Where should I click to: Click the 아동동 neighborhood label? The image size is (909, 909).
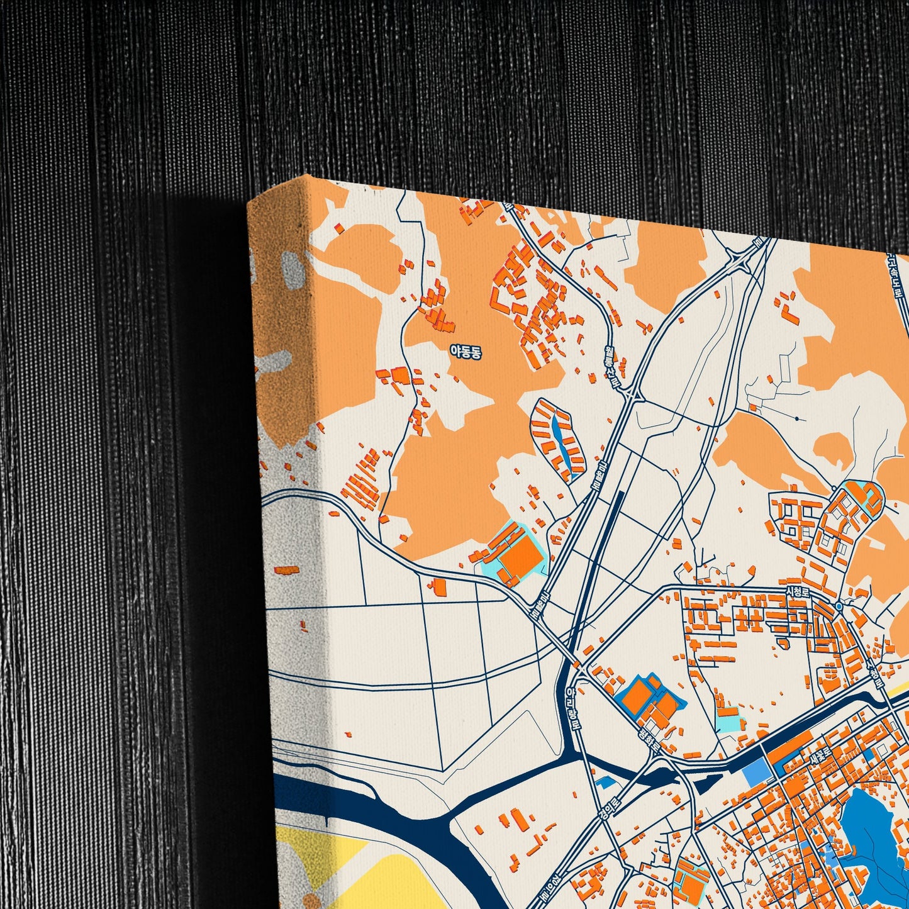(466, 352)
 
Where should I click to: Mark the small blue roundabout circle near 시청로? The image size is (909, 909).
(839, 606)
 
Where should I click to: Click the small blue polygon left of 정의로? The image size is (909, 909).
(605, 783)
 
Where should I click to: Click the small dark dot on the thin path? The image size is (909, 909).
(796, 418)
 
